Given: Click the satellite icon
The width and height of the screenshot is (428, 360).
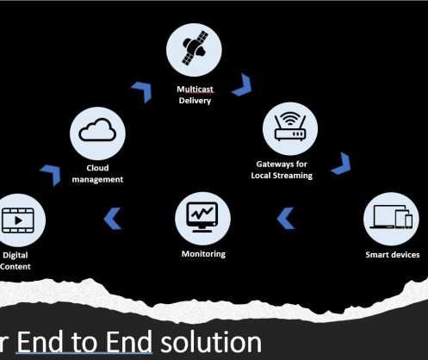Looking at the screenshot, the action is click(x=195, y=48).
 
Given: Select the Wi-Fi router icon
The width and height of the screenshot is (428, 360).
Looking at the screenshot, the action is click(x=290, y=127).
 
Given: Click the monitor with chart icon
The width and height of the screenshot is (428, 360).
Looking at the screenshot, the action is click(x=202, y=217).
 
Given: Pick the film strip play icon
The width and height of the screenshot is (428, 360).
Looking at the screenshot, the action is click(x=18, y=220).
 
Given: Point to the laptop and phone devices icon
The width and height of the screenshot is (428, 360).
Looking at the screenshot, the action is click(x=391, y=217).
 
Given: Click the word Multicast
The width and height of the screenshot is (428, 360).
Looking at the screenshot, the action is click(x=195, y=90).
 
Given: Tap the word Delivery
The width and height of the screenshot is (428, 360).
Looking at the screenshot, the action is click(x=195, y=101).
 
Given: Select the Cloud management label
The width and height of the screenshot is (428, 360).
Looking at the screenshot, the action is click(x=97, y=174).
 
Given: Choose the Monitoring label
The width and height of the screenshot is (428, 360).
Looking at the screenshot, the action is click(x=203, y=254).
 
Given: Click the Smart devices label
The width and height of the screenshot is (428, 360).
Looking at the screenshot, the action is click(x=393, y=255).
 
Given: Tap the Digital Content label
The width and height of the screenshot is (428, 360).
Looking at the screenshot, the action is click(x=16, y=261).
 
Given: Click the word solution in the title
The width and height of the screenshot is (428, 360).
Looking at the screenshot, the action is click(x=211, y=342).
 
